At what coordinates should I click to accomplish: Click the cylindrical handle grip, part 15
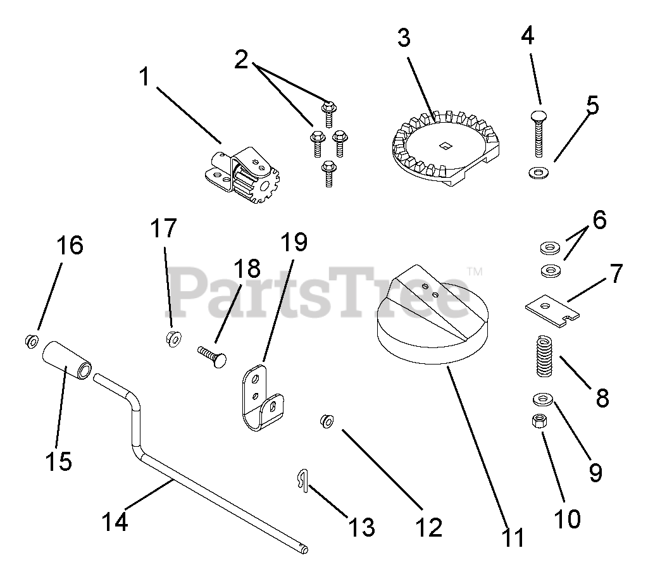click(x=68, y=360)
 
